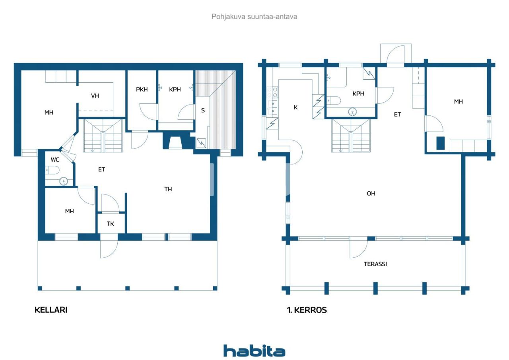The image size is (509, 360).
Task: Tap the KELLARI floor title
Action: tap(51, 310)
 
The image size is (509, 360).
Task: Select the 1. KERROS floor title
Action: tap(307, 310)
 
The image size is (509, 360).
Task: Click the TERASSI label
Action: tap(375, 264)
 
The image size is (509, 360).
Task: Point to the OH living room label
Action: tap(371, 194)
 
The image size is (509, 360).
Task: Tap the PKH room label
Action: tap(142, 90)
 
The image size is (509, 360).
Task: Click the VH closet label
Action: tap(95, 96)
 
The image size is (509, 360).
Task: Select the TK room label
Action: tap(111, 224)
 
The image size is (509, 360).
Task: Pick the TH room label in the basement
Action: tap(168, 189)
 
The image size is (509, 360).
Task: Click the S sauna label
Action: tap(203, 111)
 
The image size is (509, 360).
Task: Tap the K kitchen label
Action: tap(295, 107)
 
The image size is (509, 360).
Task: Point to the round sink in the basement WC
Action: tap(64, 181)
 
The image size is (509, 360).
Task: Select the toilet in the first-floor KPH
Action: tap(334, 100)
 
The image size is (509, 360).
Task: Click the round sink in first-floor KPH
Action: tap(352, 112)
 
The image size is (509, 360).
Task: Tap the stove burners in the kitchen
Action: tap(272, 92)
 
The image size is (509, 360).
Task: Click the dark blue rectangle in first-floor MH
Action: tap(441, 143)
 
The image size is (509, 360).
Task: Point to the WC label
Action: tap(55, 160)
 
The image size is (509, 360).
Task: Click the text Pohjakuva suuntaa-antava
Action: tap(254, 17)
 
